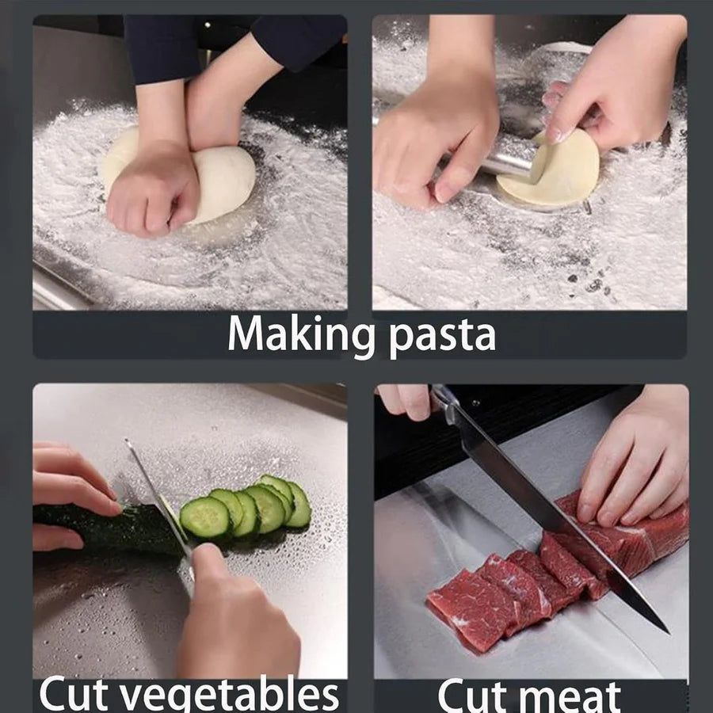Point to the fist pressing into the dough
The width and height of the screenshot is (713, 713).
(x=154, y=190)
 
